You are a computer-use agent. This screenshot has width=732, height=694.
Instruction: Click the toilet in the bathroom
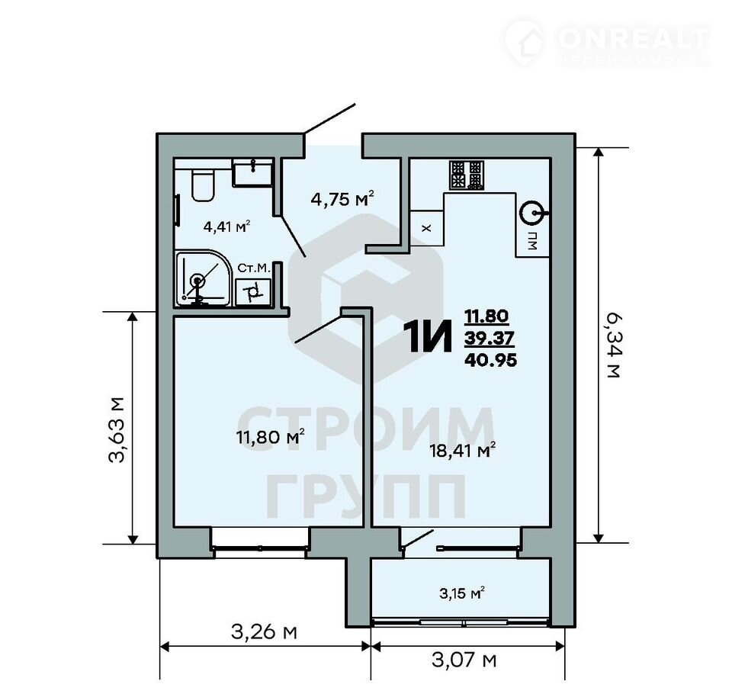tap(203, 185)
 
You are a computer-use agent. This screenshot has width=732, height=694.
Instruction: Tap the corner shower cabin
tap(204, 279)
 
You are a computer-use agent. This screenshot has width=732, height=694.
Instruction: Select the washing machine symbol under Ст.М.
tap(253, 292)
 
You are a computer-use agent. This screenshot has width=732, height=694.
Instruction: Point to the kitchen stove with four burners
tap(467, 175)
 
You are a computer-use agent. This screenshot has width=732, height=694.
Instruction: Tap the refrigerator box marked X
tap(426, 228)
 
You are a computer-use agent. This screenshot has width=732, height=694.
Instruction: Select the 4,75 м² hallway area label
tap(342, 199)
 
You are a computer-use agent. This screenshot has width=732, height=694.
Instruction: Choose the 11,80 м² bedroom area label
tap(271, 437)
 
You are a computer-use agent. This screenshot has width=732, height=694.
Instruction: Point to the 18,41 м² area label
tap(462, 451)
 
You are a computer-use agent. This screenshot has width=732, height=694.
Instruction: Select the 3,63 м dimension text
tap(117, 429)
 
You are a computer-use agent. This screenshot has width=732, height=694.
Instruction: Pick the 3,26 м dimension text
tap(264, 632)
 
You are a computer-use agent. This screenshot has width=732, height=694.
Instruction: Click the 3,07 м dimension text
tap(464, 660)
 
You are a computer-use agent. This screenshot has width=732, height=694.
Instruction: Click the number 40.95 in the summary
tap(490, 360)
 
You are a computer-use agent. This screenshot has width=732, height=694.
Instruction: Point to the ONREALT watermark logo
tap(607, 42)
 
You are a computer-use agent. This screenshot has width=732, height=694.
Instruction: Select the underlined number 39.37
tap(490, 338)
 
